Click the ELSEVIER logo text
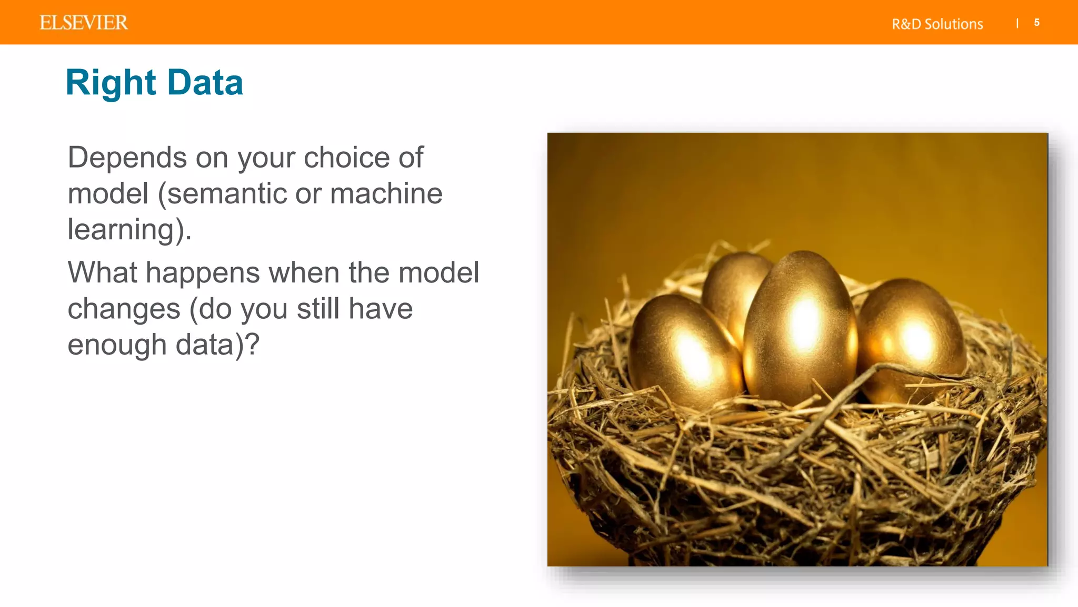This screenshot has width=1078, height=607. (84, 23)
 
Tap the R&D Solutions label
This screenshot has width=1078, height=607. (937, 24)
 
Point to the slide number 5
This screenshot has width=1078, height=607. (1036, 23)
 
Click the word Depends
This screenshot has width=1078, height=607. (127, 158)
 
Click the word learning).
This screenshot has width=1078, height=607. (129, 230)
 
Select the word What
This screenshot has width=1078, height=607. (102, 272)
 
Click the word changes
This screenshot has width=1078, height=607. (124, 309)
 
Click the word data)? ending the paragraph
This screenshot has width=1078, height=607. (217, 346)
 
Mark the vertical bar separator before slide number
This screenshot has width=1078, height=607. (1017, 23)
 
